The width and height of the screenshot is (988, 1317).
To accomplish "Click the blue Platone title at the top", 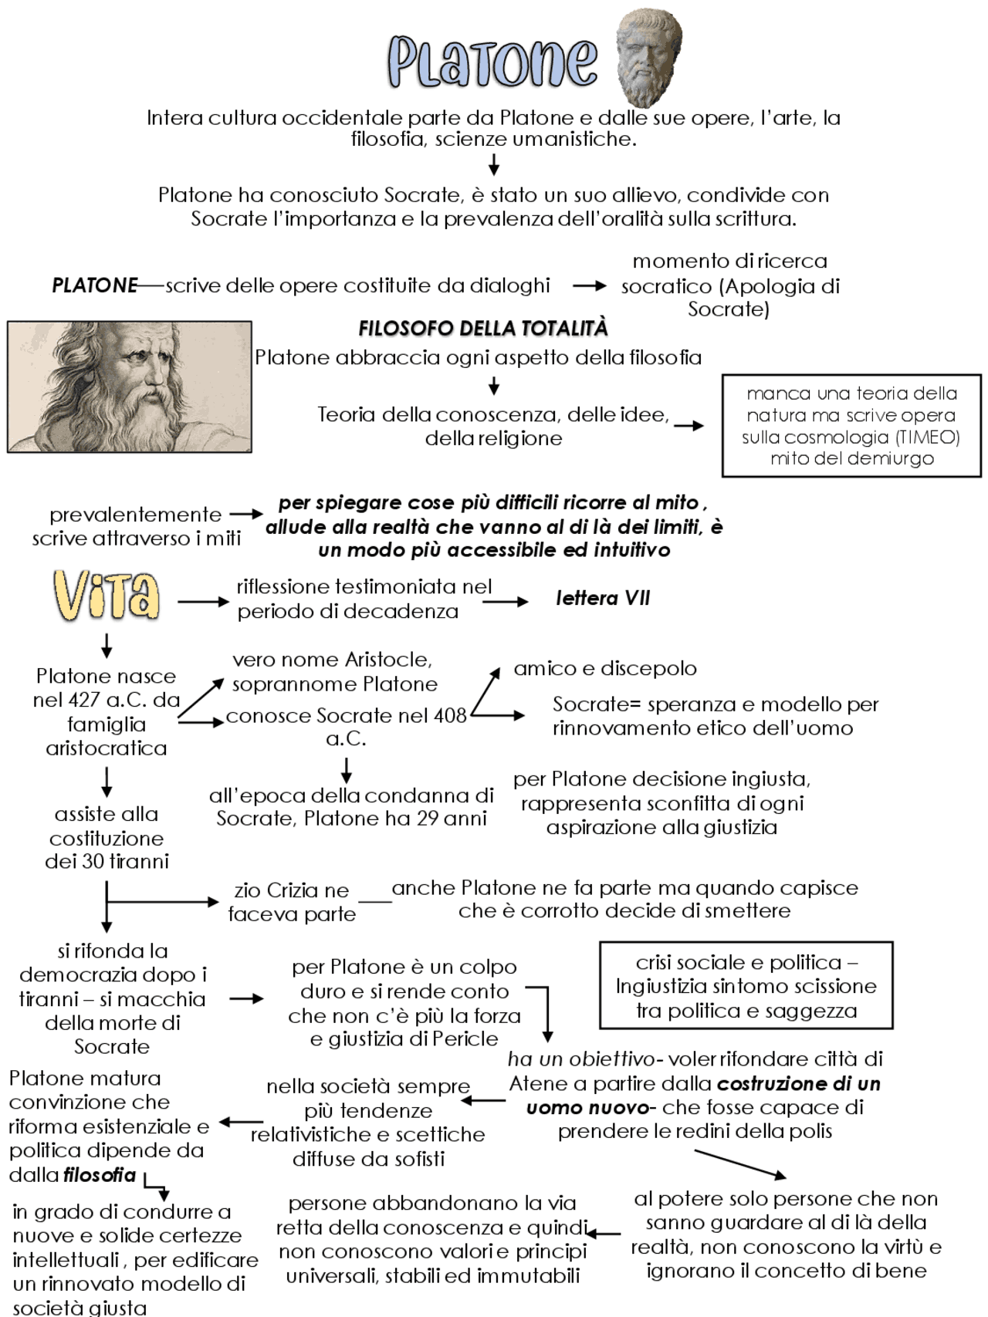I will (x=492, y=61).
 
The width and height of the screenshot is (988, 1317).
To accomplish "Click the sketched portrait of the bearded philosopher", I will (x=130, y=387).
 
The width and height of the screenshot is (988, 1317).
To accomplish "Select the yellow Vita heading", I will (x=107, y=596).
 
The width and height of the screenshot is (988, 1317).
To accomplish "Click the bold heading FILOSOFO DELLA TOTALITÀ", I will (x=483, y=329).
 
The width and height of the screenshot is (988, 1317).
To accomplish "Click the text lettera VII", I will (x=603, y=599).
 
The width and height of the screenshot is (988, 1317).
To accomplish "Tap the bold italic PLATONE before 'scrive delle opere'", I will (x=94, y=285).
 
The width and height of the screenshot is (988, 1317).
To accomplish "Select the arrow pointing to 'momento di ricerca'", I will (x=590, y=285).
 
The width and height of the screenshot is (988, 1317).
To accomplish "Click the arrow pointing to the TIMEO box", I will (x=689, y=425).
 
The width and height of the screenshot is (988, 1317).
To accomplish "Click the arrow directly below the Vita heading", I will (x=107, y=645).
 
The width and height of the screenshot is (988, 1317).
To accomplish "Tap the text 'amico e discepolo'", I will (x=605, y=668).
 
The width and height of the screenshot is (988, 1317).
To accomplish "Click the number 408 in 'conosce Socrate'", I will (x=450, y=715).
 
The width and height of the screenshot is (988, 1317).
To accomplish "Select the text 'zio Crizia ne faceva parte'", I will (x=292, y=902).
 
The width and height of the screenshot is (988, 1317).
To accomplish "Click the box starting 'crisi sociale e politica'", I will (x=746, y=986).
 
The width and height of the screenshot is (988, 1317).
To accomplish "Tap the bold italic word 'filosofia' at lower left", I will (x=100, y=1175).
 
